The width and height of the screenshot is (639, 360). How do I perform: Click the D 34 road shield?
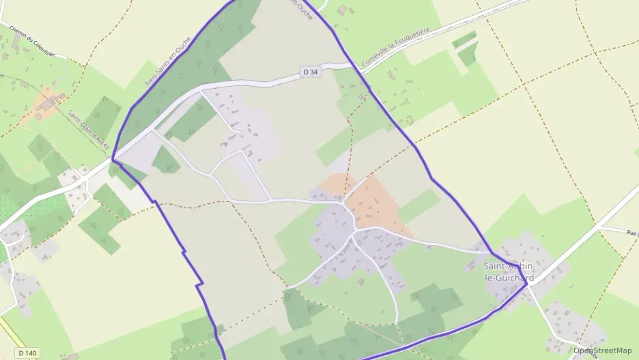[x=310, y=71]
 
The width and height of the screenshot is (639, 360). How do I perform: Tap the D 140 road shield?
[x=27, y=352]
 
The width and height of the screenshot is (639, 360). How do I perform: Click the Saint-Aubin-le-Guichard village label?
[x=509, y=272]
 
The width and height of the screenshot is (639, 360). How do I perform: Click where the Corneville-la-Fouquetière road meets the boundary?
[x=352, y=66]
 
